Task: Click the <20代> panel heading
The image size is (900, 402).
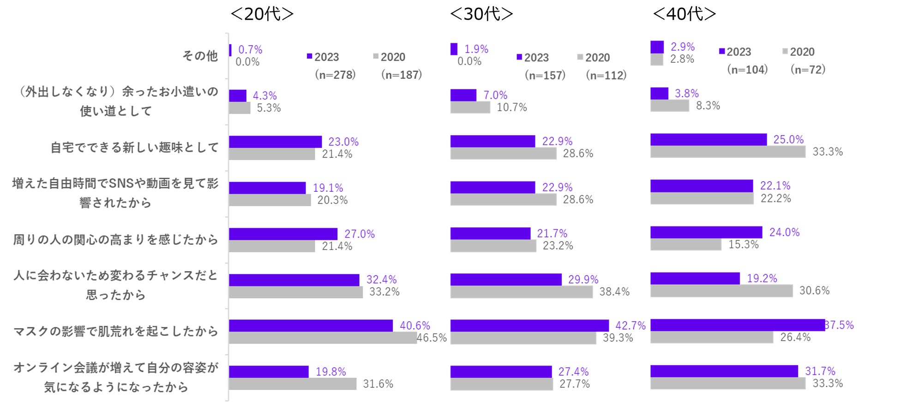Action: [x=262, y=14]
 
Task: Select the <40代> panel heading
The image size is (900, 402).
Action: [x=684, y=14]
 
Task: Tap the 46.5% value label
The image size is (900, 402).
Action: [x=432, y=338]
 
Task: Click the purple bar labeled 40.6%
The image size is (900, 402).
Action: [x=311, y=325]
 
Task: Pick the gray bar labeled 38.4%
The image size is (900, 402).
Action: [x=521, y=292]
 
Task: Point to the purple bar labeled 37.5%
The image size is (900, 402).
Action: [x=737, y=325]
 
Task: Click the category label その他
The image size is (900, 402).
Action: [x=200, y=56]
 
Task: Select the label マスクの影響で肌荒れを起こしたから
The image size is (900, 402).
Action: [x=115, y=331]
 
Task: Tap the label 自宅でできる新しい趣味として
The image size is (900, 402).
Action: [x=134, y=148]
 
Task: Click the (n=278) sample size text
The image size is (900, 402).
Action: [x=335, y=75]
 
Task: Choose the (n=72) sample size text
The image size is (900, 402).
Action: [x=808, y=70]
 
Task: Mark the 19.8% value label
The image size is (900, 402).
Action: [x=330, y=372]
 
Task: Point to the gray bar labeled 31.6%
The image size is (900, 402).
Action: [x=292, y=384]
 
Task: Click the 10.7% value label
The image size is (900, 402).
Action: [x=511, y=107]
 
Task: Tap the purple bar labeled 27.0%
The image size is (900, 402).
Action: [x=283, y=234]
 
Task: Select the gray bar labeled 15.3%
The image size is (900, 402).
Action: [x=685, y=245]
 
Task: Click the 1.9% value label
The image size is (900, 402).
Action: [x=476, y=49]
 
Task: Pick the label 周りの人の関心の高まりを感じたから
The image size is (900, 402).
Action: [x=115, y=240]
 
